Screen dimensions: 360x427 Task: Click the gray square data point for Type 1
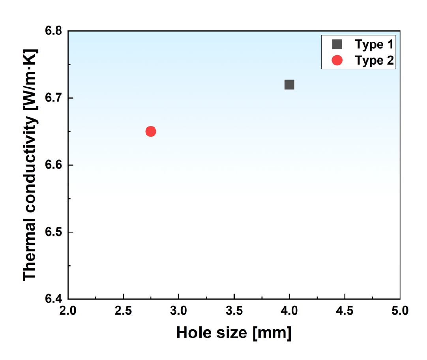click(x=289, y=84)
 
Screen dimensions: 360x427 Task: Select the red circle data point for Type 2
click(x=151, y=131)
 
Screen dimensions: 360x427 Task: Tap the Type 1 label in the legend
click(x=374, y=45)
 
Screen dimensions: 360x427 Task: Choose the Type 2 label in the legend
click(x=374, y=60)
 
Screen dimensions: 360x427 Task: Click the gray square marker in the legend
click(x=337, y=45)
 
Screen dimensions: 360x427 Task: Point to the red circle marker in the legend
click(x=337, y=60)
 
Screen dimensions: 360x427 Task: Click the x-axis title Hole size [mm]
click(x=234, y=333)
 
